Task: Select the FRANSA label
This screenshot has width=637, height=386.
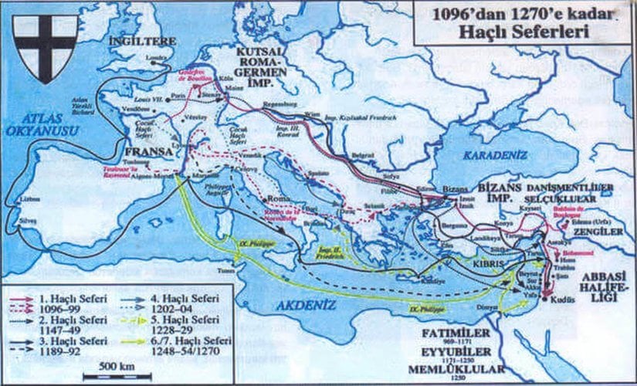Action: (150, 153)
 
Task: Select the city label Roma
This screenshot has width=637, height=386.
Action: (278, 198)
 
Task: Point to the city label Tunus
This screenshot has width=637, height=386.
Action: (225, 271)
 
